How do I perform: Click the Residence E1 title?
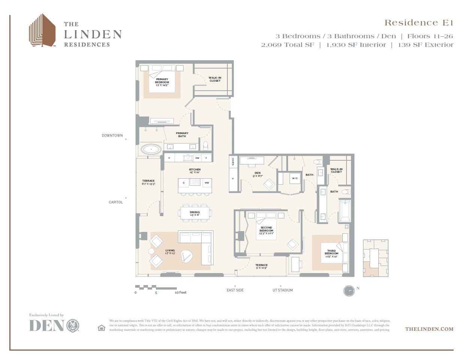coord(419,23)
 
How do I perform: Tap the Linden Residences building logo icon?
coord(42,31)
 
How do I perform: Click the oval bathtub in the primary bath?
coord(151,149)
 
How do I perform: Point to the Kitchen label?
coord(194,171)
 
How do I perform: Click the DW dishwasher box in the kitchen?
coord(197,158)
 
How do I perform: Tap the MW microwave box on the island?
coord(206,183)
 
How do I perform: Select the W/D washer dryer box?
coord(295,178)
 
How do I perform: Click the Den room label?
coord(257,174)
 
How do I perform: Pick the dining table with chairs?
coord(195,213)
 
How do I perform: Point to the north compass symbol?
coord(349,291)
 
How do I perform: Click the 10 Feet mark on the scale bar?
coord(180,293)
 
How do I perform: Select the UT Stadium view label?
coord(282,290)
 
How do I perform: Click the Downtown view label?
coord(112,136)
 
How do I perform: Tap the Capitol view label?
coord(116,202)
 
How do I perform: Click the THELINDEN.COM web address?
coord(429,329)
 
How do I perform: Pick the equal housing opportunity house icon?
coord(101,328)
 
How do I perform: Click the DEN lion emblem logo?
coord(73,326)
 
